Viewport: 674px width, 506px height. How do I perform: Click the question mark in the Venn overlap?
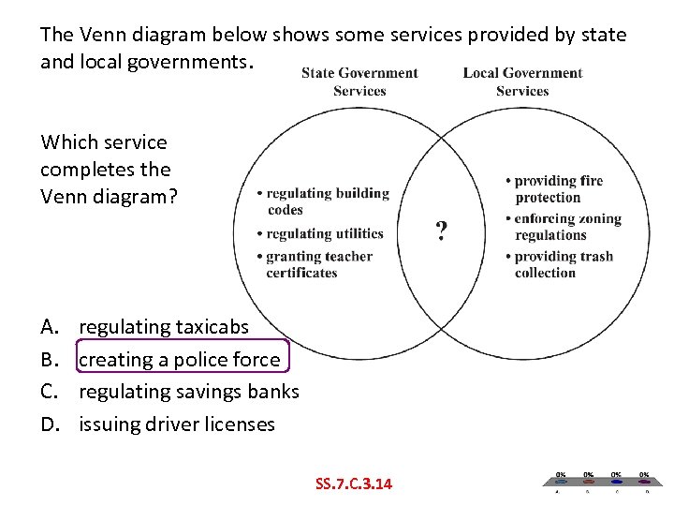point(441,231)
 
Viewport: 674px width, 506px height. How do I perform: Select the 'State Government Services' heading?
point(359,82)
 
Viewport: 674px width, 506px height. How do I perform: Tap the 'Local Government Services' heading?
point(522,82)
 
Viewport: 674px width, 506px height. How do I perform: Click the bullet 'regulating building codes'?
point(323,201)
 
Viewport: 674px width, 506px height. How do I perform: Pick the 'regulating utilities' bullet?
point(324,233)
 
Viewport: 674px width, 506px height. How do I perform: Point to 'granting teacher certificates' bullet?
point(318,264)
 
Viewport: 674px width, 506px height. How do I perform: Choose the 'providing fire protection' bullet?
point(557,188)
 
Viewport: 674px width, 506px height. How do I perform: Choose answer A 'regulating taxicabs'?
point(164,327)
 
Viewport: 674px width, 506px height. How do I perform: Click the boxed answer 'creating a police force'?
point(180,360)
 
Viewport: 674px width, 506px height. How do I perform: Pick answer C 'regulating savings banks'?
point(189,392)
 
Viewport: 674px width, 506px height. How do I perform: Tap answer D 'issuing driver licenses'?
point(177,424)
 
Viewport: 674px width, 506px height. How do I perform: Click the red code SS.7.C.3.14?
point(354,484)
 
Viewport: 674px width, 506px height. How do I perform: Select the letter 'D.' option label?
point(49,424)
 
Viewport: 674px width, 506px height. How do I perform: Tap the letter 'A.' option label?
point(49,327)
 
